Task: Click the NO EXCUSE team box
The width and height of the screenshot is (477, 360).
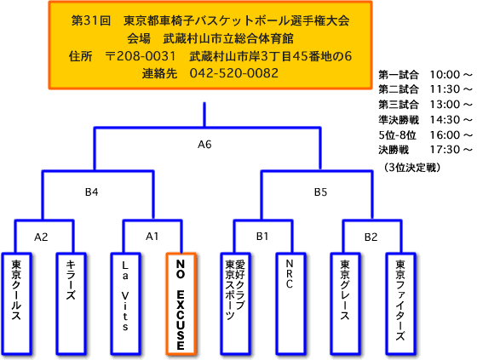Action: (x=181, y=304)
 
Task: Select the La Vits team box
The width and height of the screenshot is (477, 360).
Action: (x=125, y=304)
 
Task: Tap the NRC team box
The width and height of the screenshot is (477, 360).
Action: (x=290, y=304)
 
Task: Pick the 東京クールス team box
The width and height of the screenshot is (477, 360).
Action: (x=16, y=304)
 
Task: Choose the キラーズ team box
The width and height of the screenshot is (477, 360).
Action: (x=71, y=304)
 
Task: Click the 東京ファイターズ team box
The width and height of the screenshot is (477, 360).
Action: (x=400, y=304)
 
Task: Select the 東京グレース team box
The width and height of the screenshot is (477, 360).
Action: (x=345, y=304)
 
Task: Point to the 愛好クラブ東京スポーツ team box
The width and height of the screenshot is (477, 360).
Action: (x=235, y=304)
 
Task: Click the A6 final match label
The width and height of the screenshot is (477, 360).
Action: (x=204, y=145)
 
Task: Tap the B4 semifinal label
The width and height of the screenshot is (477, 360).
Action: (x=91, y=192)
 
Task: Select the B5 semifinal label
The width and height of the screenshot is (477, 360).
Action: (x=320, y=192)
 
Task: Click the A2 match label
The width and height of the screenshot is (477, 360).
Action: (x=41, y=237)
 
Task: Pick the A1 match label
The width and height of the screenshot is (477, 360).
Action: (x=152, y=237)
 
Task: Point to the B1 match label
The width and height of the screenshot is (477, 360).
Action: (x=262, y=237)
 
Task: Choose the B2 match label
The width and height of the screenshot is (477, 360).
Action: (x=371, y=237)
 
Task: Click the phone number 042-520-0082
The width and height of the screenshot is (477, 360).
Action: (x=234, y=73)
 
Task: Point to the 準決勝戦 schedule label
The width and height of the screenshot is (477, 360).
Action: (x=399, y=120)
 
